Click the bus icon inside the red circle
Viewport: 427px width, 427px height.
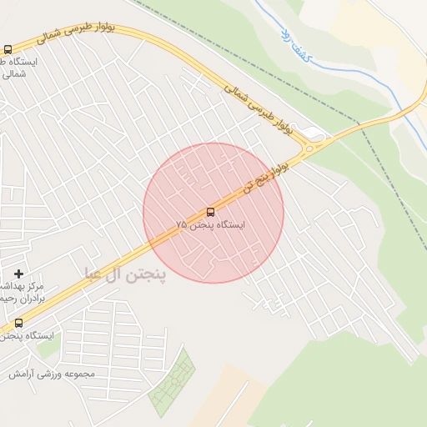click(210, 212)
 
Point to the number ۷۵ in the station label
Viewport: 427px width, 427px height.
click(181, 226)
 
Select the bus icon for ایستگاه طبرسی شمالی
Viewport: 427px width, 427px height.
click(8, 50)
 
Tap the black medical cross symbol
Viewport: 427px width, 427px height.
click(18, 274)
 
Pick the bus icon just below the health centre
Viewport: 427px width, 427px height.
click(18, 323)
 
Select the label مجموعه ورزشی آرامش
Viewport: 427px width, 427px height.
click(52, 374)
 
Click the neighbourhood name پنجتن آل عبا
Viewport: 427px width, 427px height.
click(125, 273)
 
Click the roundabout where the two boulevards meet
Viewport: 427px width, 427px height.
click(311, 148)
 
